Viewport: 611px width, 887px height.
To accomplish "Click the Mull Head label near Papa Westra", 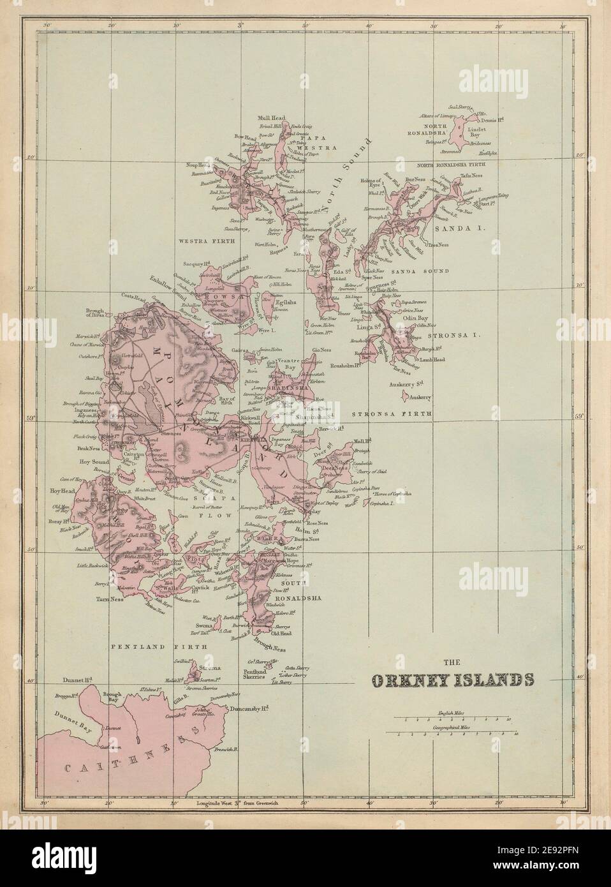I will click(x=271, y=118).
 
